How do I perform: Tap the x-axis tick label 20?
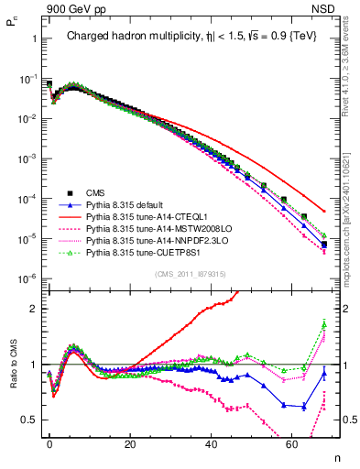(131, 443)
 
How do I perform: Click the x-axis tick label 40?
(212, 443)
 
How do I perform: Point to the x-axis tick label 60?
(293, 443)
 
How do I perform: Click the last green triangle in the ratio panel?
(324, 322)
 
